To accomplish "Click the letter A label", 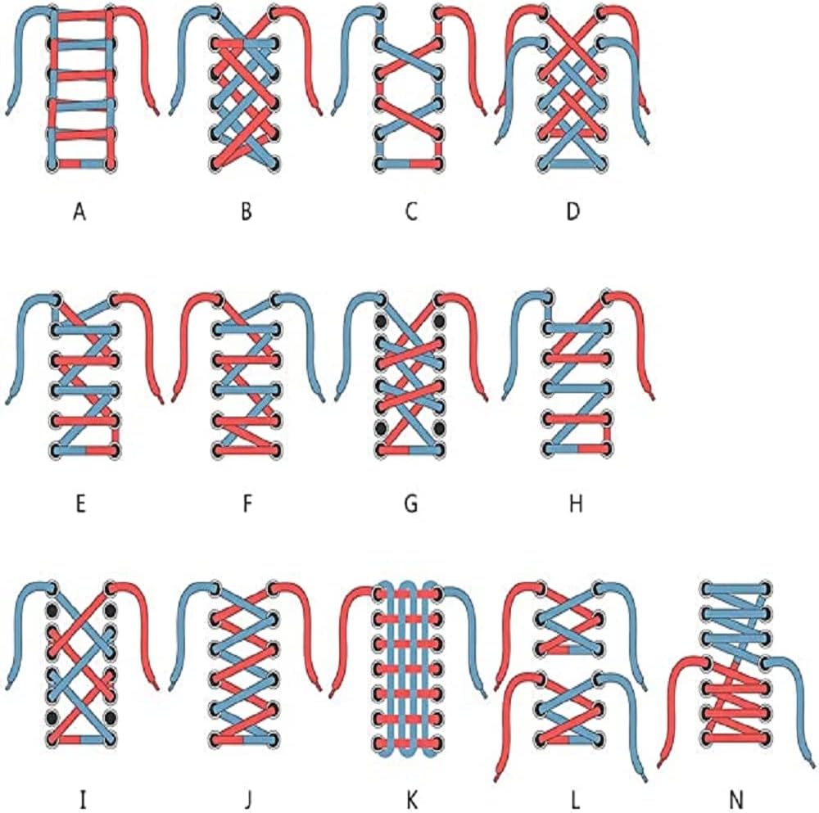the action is tap(79, 212).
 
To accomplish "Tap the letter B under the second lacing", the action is tap(247, 212).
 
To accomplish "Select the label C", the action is tap(411, 212).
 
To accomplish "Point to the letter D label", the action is tap(573, 212).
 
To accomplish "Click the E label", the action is tap(80, 504).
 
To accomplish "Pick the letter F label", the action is tap(247, 504).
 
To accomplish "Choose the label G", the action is tap(411, 504).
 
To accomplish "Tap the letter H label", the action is tap(575, 504).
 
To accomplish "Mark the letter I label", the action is tap(83, 799).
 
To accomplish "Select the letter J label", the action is tap(248, 799).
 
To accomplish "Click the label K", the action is tap(412, 799).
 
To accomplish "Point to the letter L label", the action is tap(575, 799).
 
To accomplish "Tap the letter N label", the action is tap(737, 799).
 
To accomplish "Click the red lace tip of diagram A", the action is tap(156, 111).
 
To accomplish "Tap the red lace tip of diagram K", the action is tap(333, 693).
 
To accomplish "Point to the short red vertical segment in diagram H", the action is tap(608, 433).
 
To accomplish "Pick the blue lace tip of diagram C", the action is tap(335, 111).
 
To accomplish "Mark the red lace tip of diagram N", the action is tap(659, 764).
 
